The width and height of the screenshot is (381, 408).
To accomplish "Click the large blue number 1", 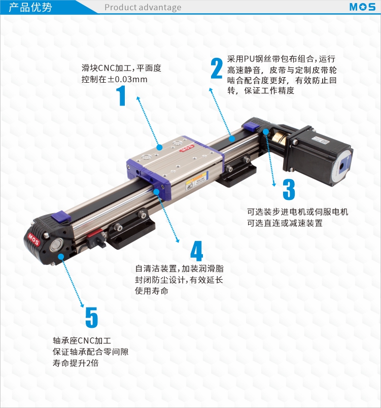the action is click(x=121, y=95).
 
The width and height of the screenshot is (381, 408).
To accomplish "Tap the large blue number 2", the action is click(x=217, y=68).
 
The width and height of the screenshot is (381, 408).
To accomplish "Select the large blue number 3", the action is click(x=289, y=189).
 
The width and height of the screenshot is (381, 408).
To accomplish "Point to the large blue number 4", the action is click(x=197, y=251).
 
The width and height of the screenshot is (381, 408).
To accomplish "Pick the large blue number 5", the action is click(x=91, y=317).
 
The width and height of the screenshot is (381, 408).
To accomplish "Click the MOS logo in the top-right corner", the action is click(x=362, y=7).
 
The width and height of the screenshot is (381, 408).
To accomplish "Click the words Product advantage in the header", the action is click(x=143, y=7).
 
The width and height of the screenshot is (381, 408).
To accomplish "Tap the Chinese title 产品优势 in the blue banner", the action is click(x=30, y=7).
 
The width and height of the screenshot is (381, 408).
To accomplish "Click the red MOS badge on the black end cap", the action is click(x=33, y=240).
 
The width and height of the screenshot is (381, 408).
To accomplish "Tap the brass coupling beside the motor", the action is click(x=281, y=140).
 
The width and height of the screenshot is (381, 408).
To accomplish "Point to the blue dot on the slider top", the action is click(x=160, y=148).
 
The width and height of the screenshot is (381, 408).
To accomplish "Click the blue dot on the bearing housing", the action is click(x=61, y=257).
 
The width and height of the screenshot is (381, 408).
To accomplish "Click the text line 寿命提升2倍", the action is click(x=76, y=363).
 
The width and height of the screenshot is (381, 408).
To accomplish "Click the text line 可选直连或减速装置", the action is click(x=285, y=223).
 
